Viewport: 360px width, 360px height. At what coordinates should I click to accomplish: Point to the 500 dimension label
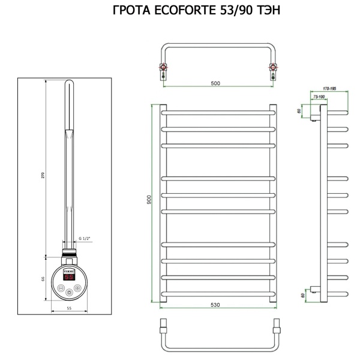pyautogui.click(x=217, y=83)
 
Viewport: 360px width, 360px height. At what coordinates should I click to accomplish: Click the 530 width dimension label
pyautogui.click(x=215, y=305)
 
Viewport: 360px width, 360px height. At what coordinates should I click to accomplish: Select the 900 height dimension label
pyautogui.click(x=149, y=200)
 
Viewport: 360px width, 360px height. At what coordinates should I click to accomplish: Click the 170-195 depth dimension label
pyautogui.click(x=329, y=89)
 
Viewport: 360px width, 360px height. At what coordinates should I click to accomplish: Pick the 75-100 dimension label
pyautogui.click(x=318, y=97)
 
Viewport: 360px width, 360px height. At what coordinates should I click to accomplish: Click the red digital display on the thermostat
pyautogui.click(x=69, y=278)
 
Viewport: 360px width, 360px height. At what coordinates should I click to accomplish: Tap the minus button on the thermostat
pyautogui.click(x=61, y=288)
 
